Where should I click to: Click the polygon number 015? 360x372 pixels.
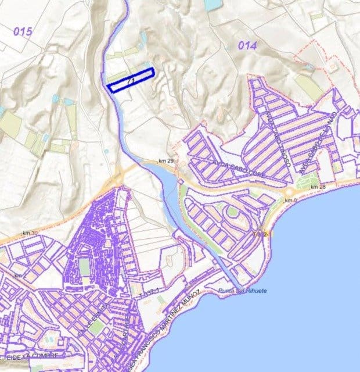coord(23,31)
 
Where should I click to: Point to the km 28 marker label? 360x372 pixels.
coord(317,187)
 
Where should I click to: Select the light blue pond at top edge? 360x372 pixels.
coord(212,5)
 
